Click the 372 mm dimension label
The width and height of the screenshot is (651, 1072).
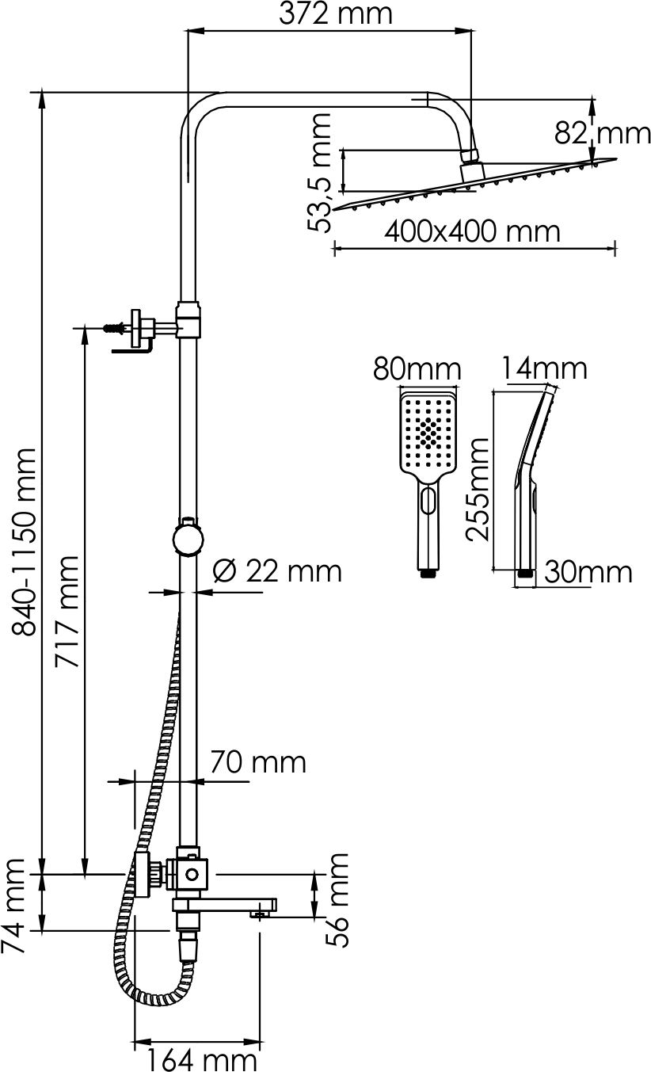(x=335, y=14)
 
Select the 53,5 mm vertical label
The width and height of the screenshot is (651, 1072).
(x=319, y=173)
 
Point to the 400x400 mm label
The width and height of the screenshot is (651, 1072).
(x=472, y=232)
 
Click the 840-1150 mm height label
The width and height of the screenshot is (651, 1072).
(x=24, y=542)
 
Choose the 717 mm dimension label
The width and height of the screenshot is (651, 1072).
(x=67, y=612)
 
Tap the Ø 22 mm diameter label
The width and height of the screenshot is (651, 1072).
(x=277, y=571)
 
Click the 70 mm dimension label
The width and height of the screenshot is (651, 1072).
(x=258, y=762)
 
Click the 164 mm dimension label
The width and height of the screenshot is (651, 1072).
(x=201, y=1059)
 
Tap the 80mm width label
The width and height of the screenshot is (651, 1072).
(x=417, y=369)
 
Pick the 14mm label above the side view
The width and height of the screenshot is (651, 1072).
(x=544, y=368)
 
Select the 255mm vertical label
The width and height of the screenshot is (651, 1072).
(x=478, y=489)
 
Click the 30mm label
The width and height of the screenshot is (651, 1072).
(x=588, y=572)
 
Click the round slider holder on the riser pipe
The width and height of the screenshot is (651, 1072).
(x=188, y=539)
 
